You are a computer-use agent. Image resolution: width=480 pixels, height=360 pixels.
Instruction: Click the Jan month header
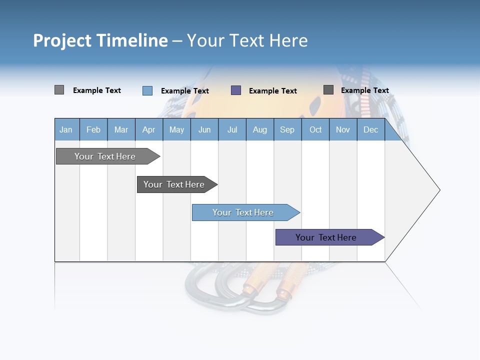click(x=66, y=129)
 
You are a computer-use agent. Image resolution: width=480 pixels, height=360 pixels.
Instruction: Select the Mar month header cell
click(x=121, y=129)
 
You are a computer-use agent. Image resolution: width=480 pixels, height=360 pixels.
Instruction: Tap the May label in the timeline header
click(x=176, y=129)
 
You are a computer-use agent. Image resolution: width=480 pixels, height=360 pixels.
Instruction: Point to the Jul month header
click(x=232, y=129)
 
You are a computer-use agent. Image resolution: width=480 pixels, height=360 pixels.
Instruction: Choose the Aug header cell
click(x=259, y=129)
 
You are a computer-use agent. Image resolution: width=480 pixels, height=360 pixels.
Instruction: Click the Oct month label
click(x=315, y=129)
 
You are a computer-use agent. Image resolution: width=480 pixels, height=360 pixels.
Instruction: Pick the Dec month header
click(x=370, y=129)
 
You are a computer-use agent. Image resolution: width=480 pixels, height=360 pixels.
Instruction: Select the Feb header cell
click(x=93, y=129)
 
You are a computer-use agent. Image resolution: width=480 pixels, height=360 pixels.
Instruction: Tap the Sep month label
click(x=287, y=129)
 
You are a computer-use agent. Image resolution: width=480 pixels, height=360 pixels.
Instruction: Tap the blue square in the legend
click(x=147, y=90)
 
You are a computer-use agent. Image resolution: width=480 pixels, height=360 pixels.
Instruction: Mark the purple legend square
click(x=236, y=90)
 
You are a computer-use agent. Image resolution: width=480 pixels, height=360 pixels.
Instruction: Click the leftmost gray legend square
click(x=59, y=90)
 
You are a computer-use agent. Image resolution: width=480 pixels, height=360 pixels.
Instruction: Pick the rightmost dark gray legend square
click(x=328, y=90)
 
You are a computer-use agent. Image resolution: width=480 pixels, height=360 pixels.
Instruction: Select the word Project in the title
click(x=62, y=40)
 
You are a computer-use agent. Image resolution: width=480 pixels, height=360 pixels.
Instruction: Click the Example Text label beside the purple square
click(x=273, y=91)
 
